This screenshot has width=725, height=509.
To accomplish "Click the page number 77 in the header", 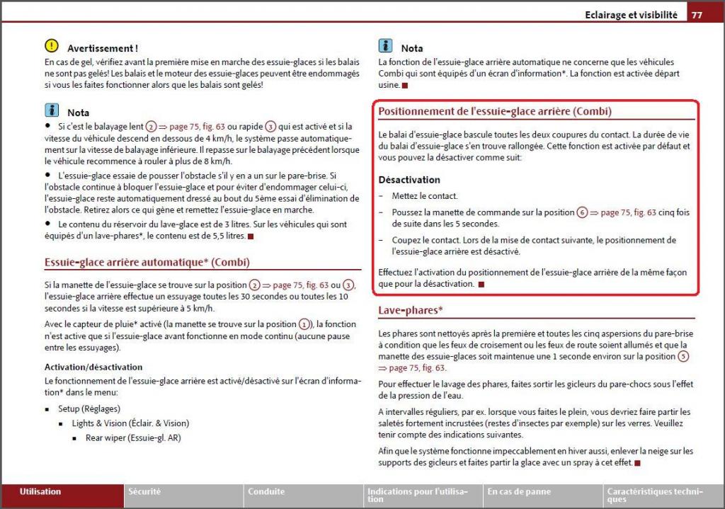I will point(697,15).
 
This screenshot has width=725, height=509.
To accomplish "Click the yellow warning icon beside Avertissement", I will point(52,46).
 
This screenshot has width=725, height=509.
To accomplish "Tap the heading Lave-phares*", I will point(411,310).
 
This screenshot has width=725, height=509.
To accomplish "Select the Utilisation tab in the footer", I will point(40,491).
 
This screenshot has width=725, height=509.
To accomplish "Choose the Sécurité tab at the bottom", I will point(144,491).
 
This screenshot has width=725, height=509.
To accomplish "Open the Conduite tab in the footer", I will point(266,491).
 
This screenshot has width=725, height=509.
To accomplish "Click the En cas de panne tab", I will point(519,491).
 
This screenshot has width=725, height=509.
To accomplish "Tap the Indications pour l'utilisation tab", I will point(417,495).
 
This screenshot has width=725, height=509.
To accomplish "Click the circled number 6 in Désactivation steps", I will point(582,212).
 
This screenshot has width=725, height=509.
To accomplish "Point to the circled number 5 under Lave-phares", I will point(683,357).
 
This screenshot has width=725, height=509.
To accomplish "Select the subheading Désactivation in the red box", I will point(409,180).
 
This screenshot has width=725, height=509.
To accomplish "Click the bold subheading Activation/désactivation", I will point(93,367).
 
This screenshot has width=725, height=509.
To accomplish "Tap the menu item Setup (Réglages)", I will point(89,409).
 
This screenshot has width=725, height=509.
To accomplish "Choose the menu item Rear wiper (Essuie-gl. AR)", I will point(133,437).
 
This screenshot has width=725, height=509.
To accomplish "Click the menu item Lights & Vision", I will point(130,423).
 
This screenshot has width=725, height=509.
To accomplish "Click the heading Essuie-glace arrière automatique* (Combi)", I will point(147,263).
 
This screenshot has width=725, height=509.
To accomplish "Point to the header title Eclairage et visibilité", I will point(631,15).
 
